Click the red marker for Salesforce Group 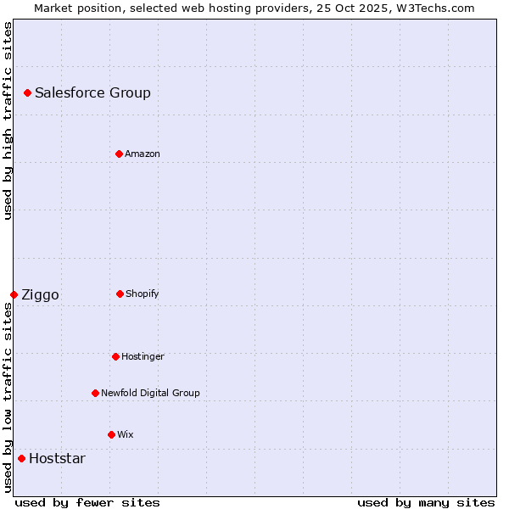point(27,92)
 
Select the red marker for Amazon point(119,154)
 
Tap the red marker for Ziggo point(14,294)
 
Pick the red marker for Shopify point(120,294)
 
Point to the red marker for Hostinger point(115,356)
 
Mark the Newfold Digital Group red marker point(95,393)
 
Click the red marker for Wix point(111,434)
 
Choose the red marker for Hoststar point(21,458)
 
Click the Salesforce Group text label point(92,92)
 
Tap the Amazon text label point(142,154)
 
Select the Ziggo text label point(40,294)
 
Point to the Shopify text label point(142,294)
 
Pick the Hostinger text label point(143,356)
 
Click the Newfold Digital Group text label point(150,393)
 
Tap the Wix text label point(125,434)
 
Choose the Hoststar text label point(57,458)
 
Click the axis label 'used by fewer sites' point(87,502)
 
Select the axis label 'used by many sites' point(426,502)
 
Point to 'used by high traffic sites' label point(8,120)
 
